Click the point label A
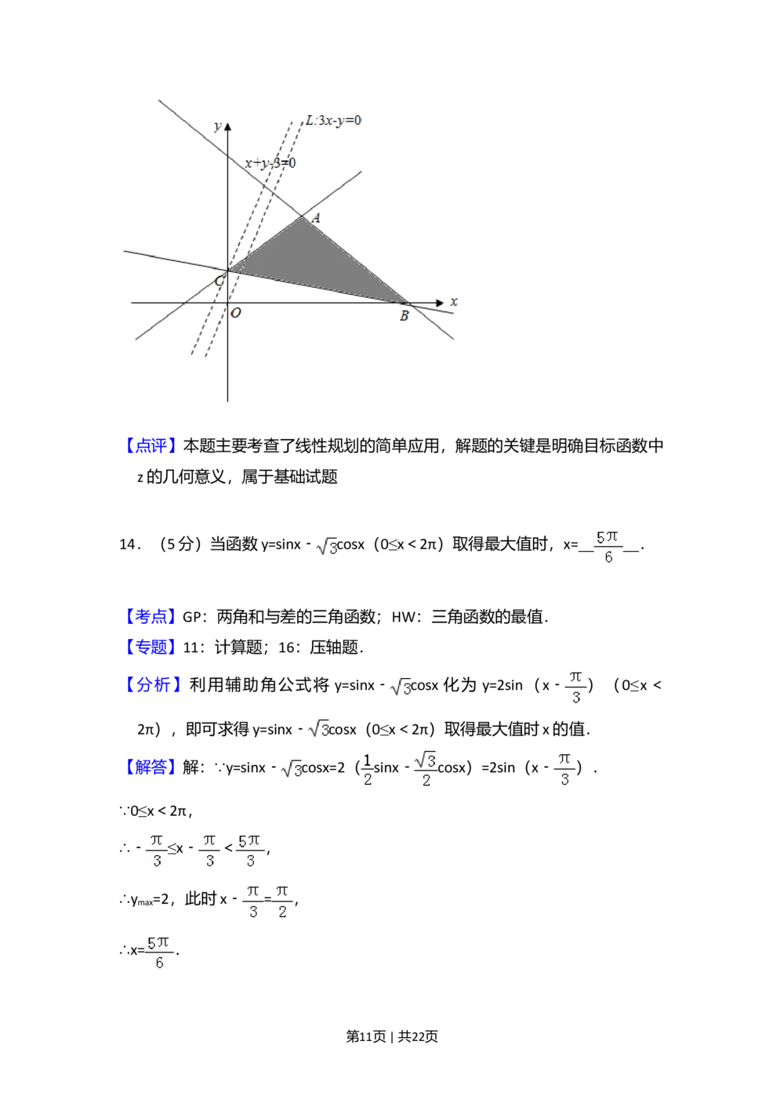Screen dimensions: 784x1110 point(316,219)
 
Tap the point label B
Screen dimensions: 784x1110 point(404,317)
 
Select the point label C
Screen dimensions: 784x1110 point(220,281)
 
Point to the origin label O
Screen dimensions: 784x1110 point(236,313)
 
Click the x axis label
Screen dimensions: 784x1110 point(454,302)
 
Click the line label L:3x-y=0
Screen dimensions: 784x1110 point(333,121)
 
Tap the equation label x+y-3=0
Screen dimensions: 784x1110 point(270,163)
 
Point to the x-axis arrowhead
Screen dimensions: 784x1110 point(440,302)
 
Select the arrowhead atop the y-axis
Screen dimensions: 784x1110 point(227,127)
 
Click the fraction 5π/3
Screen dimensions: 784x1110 point(250,850)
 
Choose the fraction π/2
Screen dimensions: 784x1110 point(282,900)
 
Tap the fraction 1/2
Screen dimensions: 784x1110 point(368,768)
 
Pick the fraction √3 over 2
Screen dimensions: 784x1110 point(426,768)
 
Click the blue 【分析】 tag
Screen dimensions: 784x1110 point(153,684)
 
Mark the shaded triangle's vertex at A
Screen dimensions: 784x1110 point(303,216)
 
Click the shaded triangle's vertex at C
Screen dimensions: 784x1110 point(228,271)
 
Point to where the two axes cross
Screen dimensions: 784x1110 point(227,302)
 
